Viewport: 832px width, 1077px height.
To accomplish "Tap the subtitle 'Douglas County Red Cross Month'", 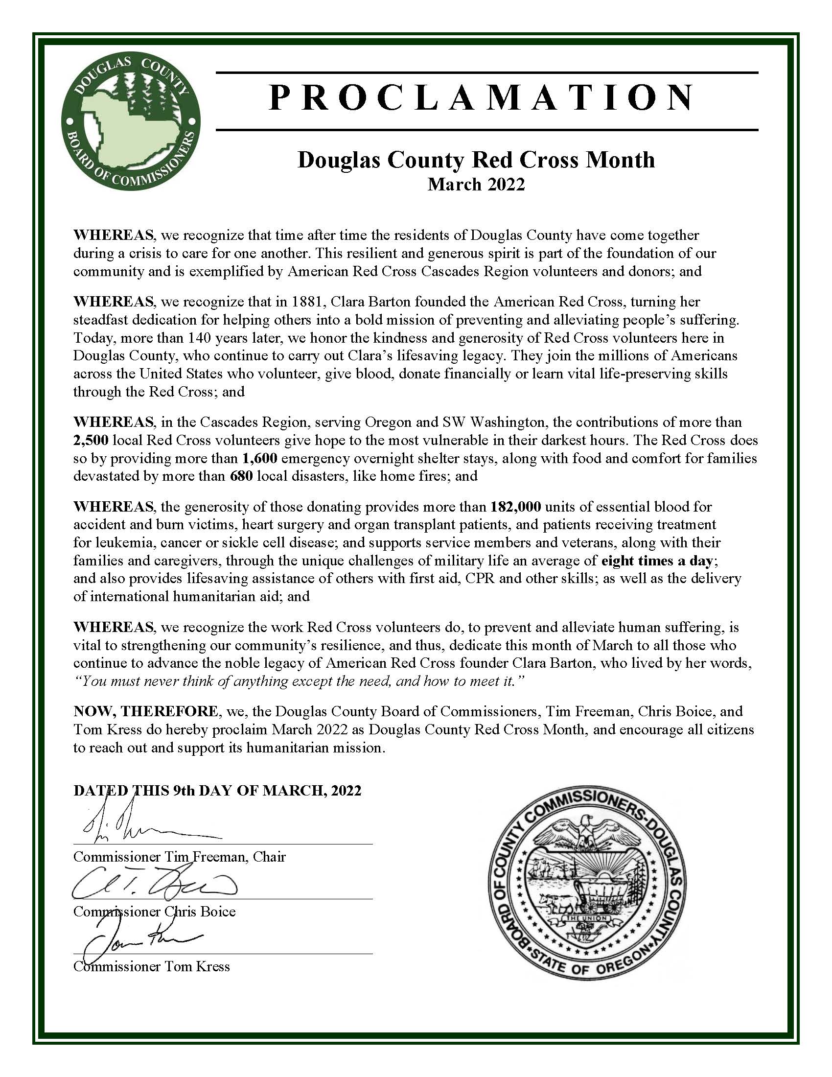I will click(476, 160).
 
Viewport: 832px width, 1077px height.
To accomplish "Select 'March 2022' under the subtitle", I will click(476, 185).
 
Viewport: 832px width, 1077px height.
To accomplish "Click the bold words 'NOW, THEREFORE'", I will click(145, 712).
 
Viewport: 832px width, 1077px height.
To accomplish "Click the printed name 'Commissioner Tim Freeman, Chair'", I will click(180, 856).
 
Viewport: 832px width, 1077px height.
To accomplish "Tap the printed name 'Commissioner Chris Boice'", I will click(154, 912).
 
